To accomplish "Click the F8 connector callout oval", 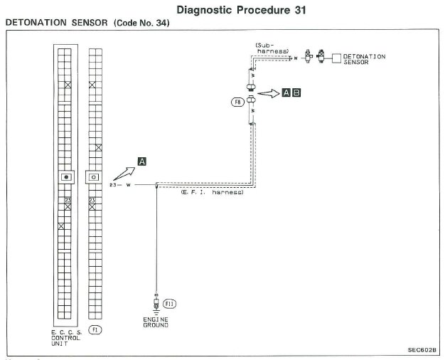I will pyautogui.click(x=237, y=102).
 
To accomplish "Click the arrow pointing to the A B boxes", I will pyautogui.click(x=269, y=93).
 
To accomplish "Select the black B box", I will pyautogui.click(x=297, y=92).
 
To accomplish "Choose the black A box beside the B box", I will pyautogui.click(x=286, y=92).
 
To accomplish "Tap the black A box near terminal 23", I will pyautogui.click(x=142, y=162).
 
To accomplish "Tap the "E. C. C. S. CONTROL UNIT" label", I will pyautogui.click(x=68, y=338).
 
